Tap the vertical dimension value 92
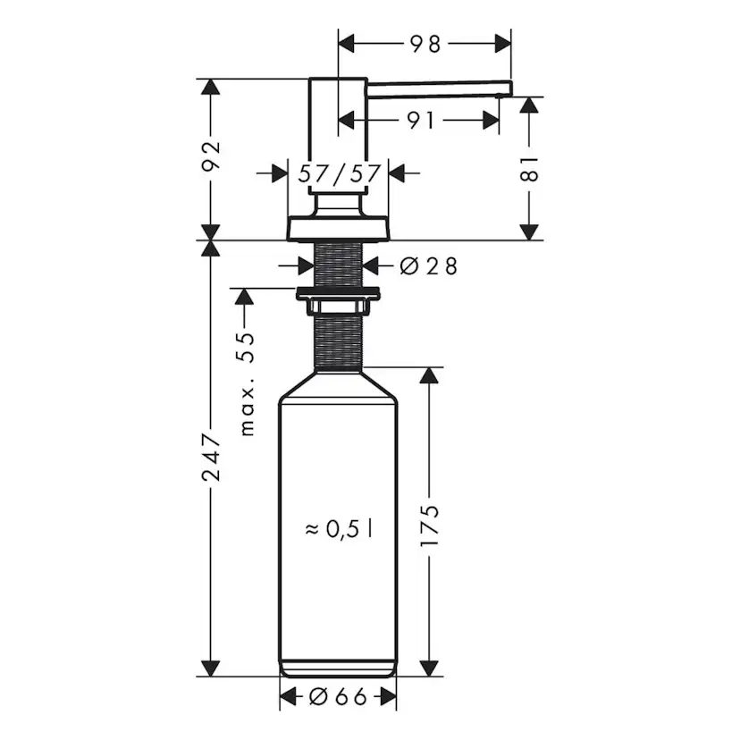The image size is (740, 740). coord(211,158)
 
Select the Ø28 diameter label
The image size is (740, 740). coord(428,265)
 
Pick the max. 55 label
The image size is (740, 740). coord(248,382)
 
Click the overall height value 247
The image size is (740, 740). coord(211,458)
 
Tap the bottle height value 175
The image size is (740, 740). coord(430,526)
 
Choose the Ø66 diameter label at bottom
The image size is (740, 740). coord(339,697)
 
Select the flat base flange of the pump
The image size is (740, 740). coord(338,228)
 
